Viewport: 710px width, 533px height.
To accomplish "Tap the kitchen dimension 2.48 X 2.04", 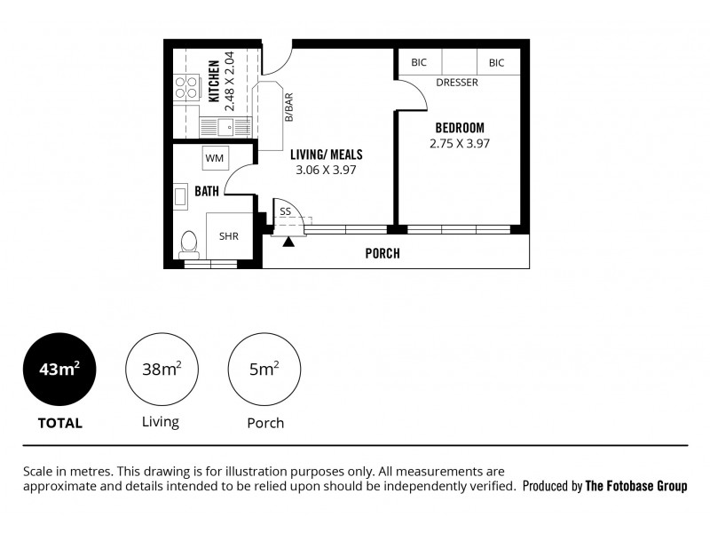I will point(230,81).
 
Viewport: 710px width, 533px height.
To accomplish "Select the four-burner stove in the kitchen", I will point(186,87).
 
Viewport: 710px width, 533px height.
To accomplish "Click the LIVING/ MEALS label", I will point(326,155).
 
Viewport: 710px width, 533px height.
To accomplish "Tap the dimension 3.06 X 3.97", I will point(326,170).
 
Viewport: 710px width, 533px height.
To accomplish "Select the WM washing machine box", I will point(215,158).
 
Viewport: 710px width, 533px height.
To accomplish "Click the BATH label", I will point(206,190).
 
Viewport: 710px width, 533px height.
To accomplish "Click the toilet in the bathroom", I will point(188,243).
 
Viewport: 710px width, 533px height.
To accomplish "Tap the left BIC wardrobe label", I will point(418,63).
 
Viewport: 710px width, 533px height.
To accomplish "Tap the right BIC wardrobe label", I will point(496,63).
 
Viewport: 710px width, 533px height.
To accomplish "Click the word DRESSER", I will point(457,83).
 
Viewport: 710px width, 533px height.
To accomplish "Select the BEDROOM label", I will point(459,128).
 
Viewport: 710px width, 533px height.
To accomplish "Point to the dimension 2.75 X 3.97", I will point(459,143).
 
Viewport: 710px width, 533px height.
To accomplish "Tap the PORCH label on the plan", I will point(383,253).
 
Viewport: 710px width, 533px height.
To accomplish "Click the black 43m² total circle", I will point(59,369).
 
